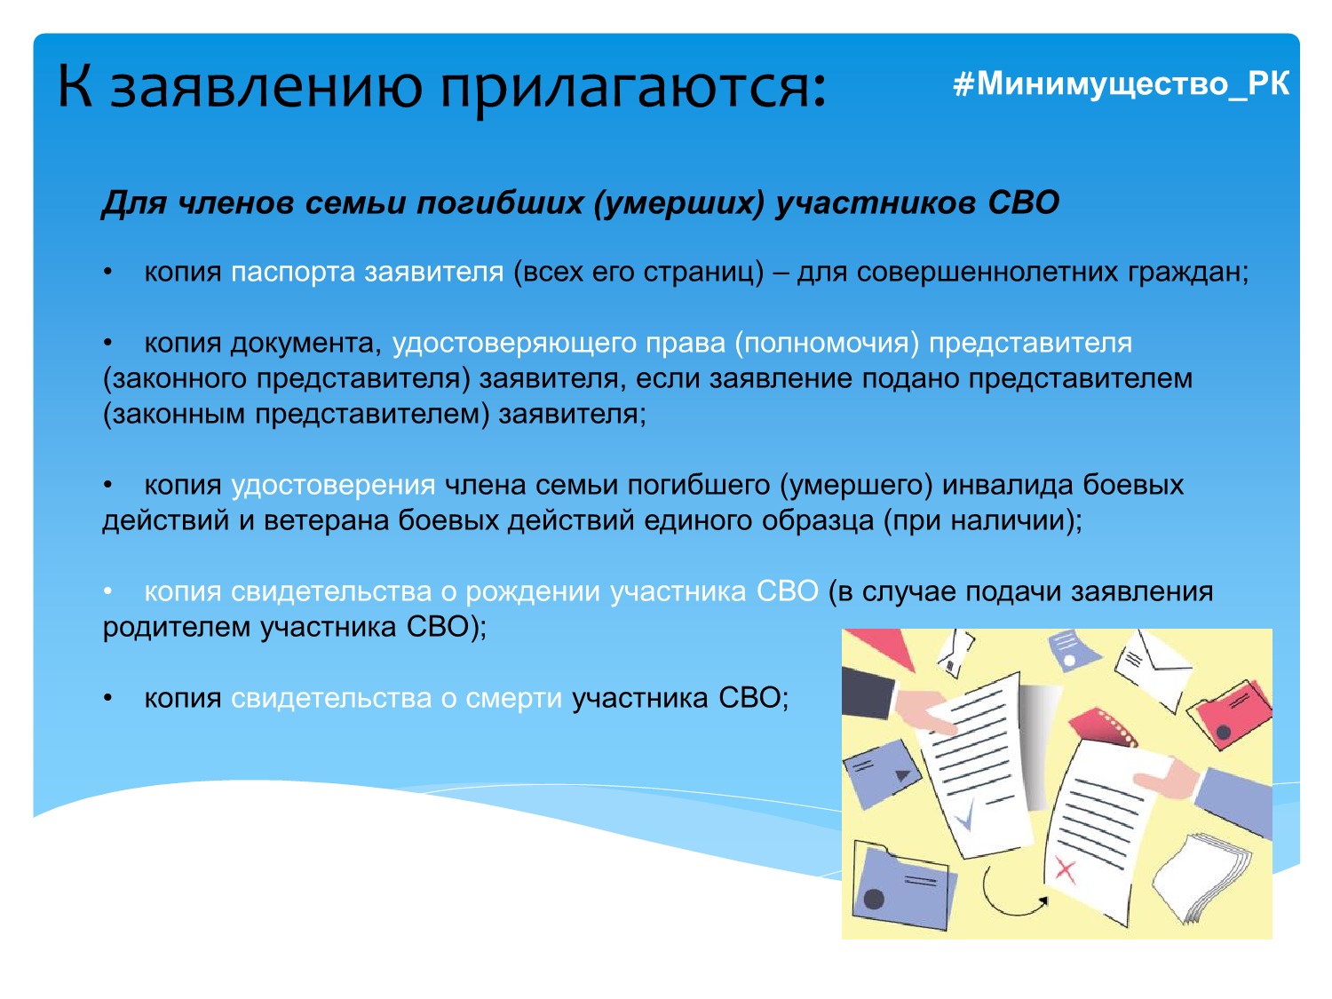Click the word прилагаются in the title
634,88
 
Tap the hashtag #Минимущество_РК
1122,83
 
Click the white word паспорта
293,273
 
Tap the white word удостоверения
333,485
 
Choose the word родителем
178,628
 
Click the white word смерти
514,698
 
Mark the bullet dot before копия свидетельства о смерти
108,699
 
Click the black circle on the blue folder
875,899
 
